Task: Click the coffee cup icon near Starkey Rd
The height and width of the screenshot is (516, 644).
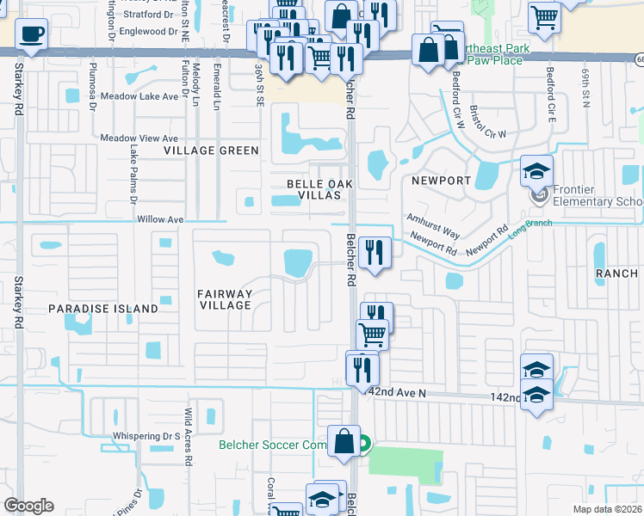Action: click(x=31, y=34)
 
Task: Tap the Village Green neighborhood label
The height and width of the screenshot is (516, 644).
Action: click(x=212, y=150)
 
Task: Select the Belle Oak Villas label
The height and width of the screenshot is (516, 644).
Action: click(x=314, y=190)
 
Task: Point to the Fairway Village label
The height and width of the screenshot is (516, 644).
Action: click(x=225, y=299)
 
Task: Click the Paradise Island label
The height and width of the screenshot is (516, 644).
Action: click(x=103, y=308)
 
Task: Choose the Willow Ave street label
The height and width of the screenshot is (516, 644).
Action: click(x=161, y=220)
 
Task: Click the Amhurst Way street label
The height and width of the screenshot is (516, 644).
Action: click(x=434, y=225)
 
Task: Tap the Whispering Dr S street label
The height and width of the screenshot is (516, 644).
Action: click(x=145, y=436)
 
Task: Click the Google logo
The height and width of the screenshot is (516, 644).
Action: click(x=28, y=506)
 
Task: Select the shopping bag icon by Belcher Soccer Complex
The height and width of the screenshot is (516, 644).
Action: click(x=344, y=440)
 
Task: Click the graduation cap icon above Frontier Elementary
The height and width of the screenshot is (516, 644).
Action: click(x=536, y=170)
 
